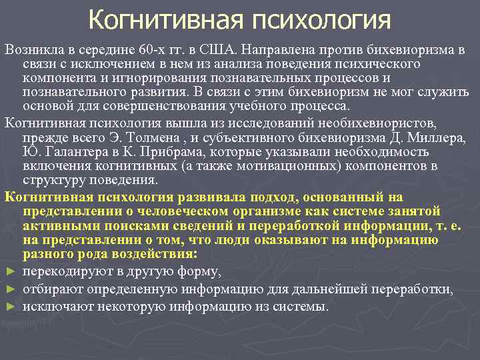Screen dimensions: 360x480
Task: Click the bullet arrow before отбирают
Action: (x=9, y=290)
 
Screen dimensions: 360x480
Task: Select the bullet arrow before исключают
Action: (x=9, y=307)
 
